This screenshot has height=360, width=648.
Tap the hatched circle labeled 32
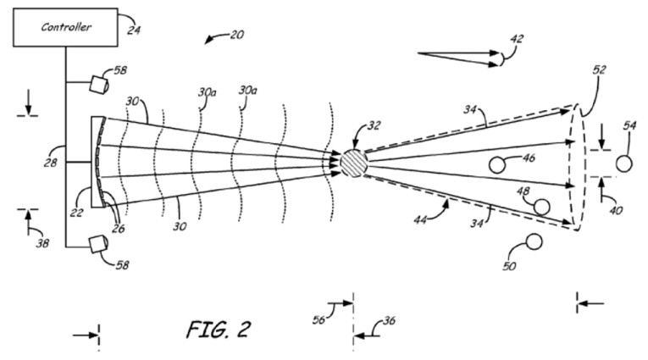[354, 162]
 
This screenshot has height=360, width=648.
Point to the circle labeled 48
[541, 206]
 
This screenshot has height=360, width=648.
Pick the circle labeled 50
[534, 243]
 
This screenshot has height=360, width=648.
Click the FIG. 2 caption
[218, 329]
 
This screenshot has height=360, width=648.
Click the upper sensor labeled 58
[99, 83]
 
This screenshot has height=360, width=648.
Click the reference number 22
[76, 213]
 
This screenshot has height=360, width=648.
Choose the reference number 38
[42, 244]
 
